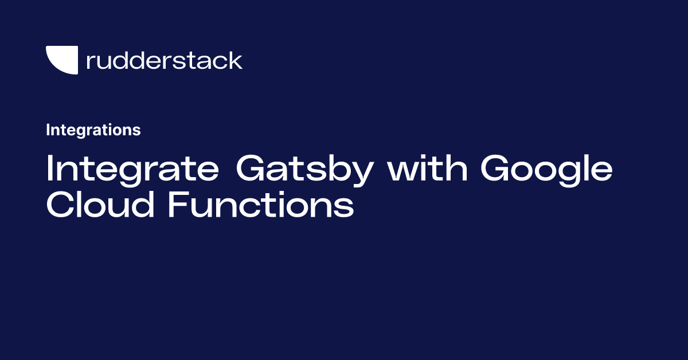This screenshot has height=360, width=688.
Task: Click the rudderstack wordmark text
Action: click(165, 61)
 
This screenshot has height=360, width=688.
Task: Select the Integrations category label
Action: click(93, 130)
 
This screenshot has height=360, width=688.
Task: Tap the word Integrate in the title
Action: click(132, 170)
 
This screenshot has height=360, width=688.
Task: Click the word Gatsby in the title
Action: click(305, 170)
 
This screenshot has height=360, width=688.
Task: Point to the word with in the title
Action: click(427, 168)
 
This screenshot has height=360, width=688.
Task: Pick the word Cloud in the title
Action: click(100, 204)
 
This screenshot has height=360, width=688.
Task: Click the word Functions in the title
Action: click(261, 204)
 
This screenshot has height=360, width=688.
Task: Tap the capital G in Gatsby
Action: click(250, 168)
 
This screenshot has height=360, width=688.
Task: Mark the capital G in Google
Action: click(495, 168)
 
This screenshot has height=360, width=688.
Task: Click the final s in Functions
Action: click(343, 208)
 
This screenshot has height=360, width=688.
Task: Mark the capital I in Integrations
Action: click(48, 130)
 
